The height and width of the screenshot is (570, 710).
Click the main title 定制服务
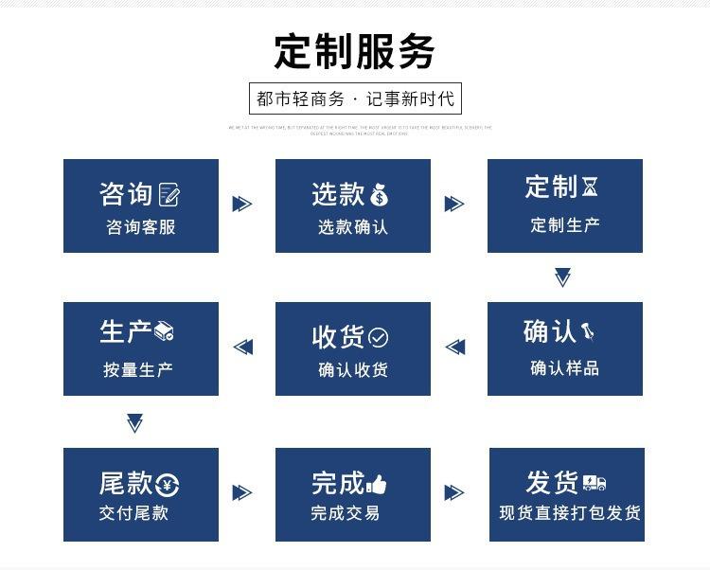point(354,51)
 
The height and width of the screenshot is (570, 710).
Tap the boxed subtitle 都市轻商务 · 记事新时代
point(355,98)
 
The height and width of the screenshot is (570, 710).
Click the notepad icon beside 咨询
point(169,195)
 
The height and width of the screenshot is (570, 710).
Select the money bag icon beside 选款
point(379,195)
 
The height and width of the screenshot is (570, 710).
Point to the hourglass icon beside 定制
point(590,187)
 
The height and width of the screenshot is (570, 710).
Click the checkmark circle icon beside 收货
point(379,337)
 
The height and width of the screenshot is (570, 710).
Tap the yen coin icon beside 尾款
point(167,486)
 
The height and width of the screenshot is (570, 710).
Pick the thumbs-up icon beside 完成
point(376,485)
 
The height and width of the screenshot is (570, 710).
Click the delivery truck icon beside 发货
point(595,483)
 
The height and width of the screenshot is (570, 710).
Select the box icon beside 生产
point(164,330)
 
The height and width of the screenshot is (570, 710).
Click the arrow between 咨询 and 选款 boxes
point(242,204)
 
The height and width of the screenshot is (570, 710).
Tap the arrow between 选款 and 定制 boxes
point(454,204)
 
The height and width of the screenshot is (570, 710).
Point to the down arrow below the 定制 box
point(562,277)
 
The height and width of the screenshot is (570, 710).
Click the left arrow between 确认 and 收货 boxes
point(455,347)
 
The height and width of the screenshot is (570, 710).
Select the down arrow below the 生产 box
point(134,423)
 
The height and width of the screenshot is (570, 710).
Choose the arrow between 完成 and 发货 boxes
point(454,492)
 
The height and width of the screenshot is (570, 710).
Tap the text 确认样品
point(565,367)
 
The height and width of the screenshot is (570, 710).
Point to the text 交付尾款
point(133,513)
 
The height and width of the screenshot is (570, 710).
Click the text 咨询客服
point(140,227)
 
